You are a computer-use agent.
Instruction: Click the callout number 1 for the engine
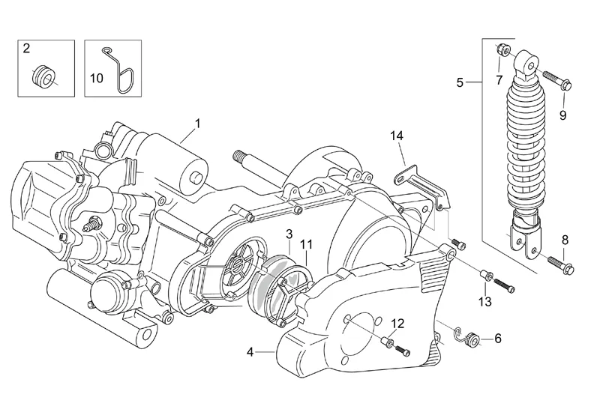coord(197,124)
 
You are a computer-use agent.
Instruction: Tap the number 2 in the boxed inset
coord(26,49)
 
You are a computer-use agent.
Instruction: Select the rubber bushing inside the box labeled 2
coord(43,76)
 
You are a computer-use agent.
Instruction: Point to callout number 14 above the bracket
coord(397,136)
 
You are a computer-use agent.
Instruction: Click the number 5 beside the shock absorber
coord(460,82)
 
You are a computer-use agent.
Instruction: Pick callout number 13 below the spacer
coord(484,302)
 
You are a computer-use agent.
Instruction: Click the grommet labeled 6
coord(475,339)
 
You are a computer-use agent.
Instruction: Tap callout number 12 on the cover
coord(398,324)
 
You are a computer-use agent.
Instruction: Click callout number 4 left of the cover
coord(250,352)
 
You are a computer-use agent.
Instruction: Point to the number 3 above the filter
coord(289,234)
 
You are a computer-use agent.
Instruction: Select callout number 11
coord(307,245)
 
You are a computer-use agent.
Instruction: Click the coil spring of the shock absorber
coord(526,145)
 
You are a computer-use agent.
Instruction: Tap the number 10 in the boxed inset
coord(97,79)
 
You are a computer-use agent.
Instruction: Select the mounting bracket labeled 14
coord(421,187)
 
